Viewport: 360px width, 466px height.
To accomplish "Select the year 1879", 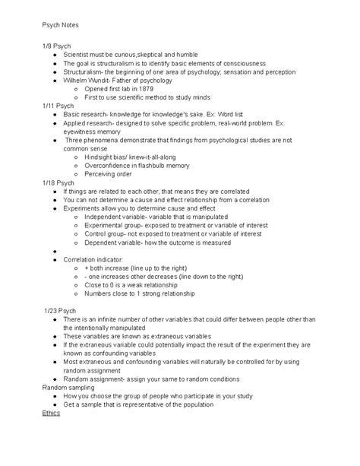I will pos(152,88).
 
